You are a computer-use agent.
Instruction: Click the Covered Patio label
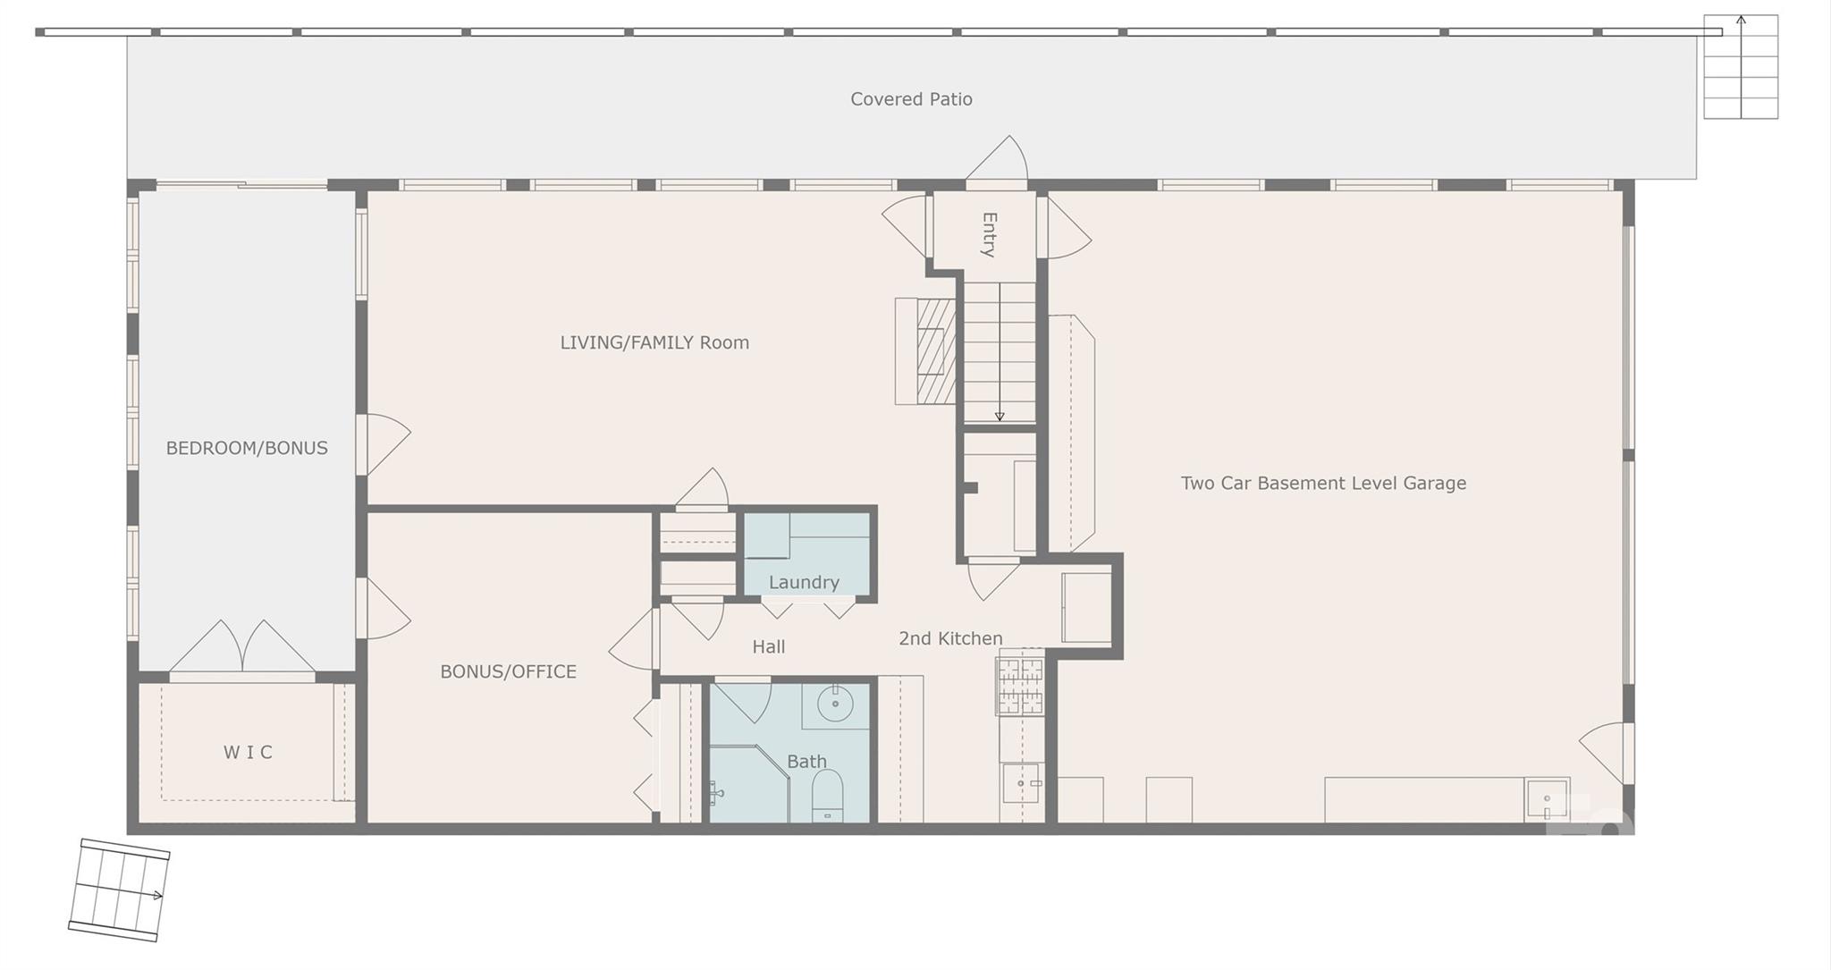[x=911, y=99]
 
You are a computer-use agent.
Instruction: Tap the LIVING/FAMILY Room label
[x=654, y=342]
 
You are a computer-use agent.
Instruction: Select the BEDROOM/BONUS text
[x=247, y=448]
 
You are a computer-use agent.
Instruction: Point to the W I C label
[x=248, y=752]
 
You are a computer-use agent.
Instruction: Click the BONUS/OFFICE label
[x=508, y=671]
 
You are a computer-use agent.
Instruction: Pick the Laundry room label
[x=804, y=583]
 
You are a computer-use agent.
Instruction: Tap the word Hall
[x=769, y=646]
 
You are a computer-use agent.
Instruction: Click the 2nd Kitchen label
[x=950, y=638]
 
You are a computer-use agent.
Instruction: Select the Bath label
[x=806, y=762]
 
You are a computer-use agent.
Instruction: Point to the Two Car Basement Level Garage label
[x=1323, y=484]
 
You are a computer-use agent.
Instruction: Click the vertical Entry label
[x=989, y=234]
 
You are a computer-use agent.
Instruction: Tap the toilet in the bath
[x=828, y=797]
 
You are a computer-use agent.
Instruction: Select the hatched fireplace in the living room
[x=935, y=350]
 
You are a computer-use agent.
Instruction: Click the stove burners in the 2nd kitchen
[x=1020, y=687]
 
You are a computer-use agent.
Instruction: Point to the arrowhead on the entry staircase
[x=1000, y=417]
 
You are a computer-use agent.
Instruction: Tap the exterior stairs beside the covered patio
[x=1741, y=66]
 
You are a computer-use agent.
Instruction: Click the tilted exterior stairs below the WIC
[x=119, y=890]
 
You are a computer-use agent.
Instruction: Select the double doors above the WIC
[x=241, y=647]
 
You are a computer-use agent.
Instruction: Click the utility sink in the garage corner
[x=1547, y=799]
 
